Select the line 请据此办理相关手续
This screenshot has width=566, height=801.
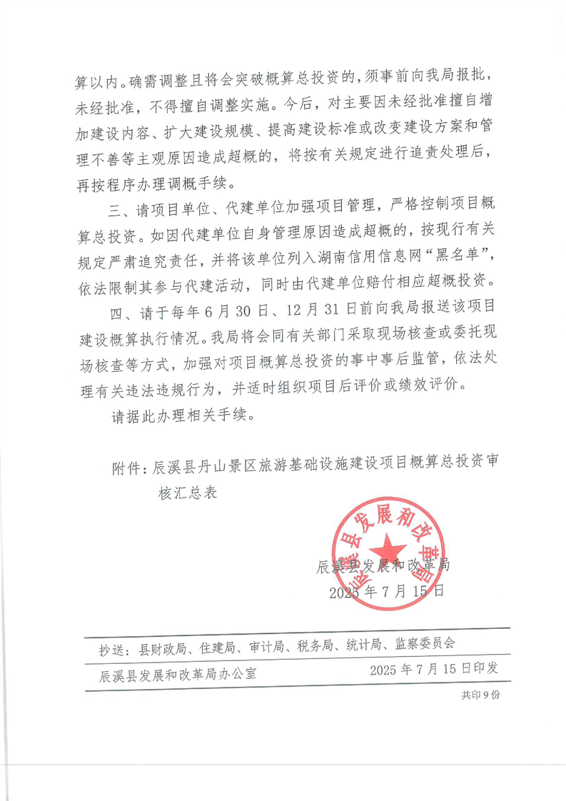(x=183, y=415)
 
